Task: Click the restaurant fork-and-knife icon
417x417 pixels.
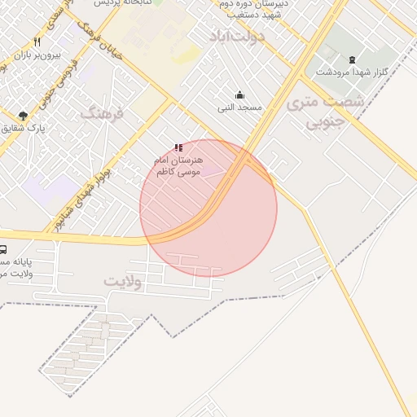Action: coord(37,42)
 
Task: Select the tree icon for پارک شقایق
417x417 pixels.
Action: coord(23,116)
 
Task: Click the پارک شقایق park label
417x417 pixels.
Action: coord(23,129)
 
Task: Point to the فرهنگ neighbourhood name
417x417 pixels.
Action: coord(103,113)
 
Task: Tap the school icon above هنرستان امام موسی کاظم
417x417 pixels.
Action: coord(178,147)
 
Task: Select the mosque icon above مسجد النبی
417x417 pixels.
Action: coord(239,94)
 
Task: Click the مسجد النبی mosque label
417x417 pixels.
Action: coord(237,107)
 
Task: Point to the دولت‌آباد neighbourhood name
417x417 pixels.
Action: coord(237,37)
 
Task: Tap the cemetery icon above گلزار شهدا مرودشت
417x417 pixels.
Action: coord(352,59)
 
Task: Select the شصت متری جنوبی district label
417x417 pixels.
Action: coord(325,113)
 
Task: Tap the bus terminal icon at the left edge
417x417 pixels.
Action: coord(3,250)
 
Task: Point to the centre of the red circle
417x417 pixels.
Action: coord(208,208)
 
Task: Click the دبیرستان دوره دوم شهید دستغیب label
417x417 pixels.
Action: coord(252,9)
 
